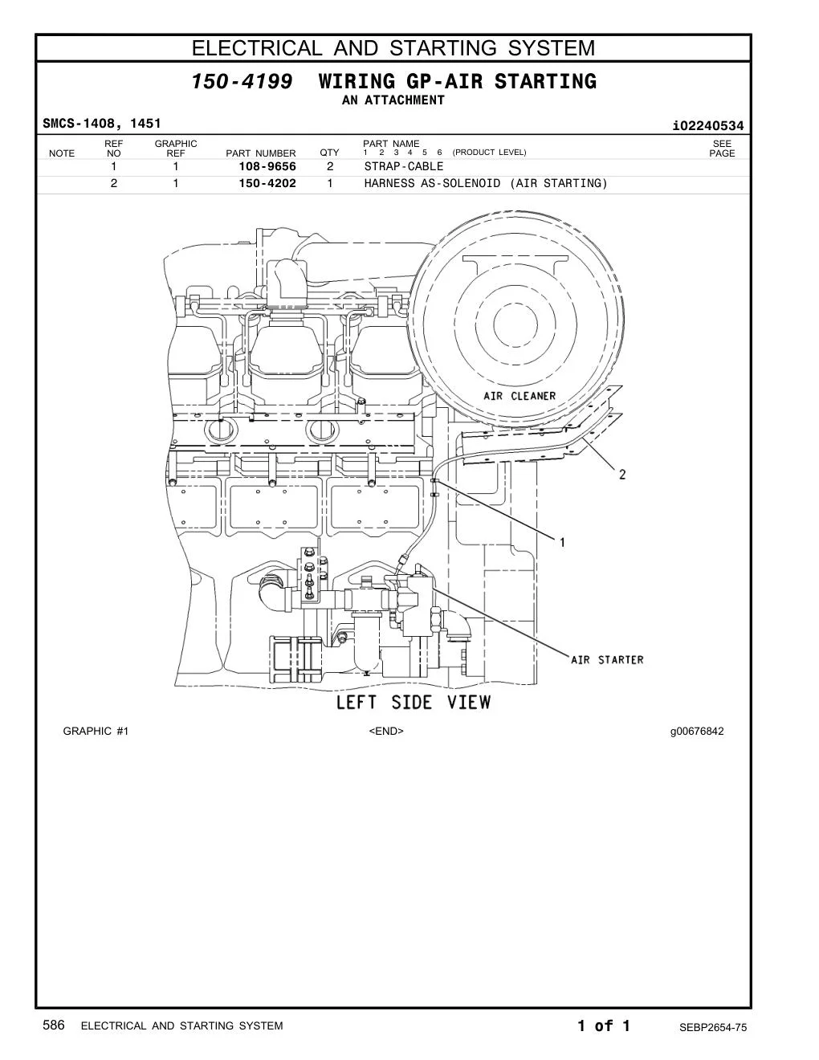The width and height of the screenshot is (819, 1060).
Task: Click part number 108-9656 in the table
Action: tap(267, 166)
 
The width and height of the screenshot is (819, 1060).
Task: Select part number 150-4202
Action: tap(267, 183)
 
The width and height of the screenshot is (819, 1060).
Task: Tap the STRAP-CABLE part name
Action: tap(403, 166)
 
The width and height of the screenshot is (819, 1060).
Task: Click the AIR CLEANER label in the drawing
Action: tap(520, 396)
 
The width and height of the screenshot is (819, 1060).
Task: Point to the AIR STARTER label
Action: tap(607, 660)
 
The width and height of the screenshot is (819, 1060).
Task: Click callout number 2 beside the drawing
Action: tap(622, 474)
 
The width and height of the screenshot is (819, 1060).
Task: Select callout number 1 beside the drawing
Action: tap(562, 542)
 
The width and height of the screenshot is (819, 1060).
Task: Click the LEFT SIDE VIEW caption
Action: tap(414, 703)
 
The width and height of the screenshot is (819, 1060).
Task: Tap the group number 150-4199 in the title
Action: tap(242, 81)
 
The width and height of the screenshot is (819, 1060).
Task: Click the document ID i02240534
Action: tap(708, 126)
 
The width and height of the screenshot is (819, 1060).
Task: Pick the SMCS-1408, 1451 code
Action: tap(101, 124)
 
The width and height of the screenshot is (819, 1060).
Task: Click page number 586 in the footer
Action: tap(54, 1025)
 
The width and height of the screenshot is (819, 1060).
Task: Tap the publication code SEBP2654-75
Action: tap(713, 1028)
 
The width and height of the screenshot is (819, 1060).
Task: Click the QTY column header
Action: tap(329, 153)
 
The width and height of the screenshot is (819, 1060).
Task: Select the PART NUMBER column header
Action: tap(260, 153)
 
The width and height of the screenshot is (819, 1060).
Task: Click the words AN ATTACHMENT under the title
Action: tap(393, 100)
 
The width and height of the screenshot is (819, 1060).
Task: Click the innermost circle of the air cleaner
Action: tap(515, 304)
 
